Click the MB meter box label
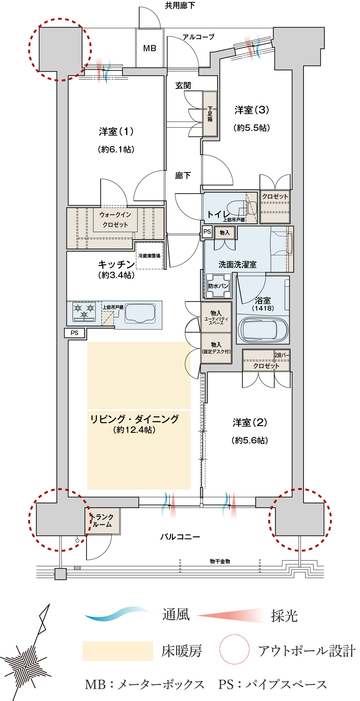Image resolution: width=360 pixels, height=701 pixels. tap(150, 49)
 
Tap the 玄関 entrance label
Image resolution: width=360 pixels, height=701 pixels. tap(183, 86)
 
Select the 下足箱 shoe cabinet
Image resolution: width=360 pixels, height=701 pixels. tap(210, 114)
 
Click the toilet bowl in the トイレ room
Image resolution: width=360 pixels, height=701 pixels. tap(242, 208)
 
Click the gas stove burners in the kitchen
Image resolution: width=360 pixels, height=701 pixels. tap(84, 312)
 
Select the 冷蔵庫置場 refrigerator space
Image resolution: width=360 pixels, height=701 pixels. tap(149, 256)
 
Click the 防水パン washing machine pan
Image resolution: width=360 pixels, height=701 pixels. tap(219, 286)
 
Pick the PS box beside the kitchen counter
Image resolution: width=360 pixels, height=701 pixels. tap(75, 333)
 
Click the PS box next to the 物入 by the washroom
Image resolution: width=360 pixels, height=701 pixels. tap(207, 232)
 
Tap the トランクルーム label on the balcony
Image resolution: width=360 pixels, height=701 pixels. tap(102, 521)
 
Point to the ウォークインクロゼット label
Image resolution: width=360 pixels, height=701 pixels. tap(115, 220)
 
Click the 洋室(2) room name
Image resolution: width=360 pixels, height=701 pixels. tap(250, 423)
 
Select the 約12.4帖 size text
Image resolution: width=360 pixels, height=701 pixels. tap(134, 430)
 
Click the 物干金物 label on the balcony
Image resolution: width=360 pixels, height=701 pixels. tap(220, 561)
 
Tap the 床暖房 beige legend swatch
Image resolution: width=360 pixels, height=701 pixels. tap(118, 651)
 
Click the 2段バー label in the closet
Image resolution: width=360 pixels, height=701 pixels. tap(282, 355)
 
